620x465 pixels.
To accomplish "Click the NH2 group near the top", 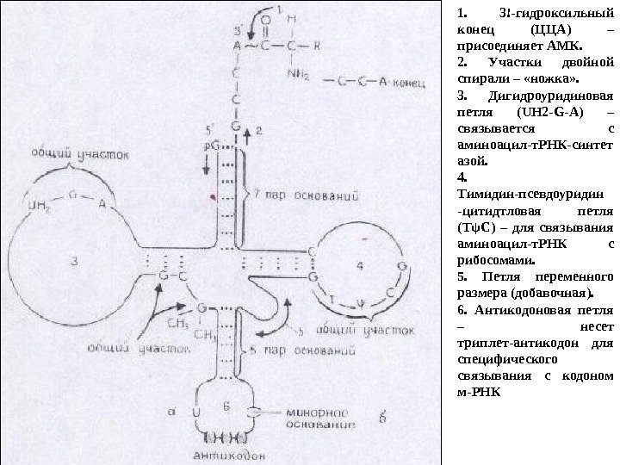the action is coord(299,71).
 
